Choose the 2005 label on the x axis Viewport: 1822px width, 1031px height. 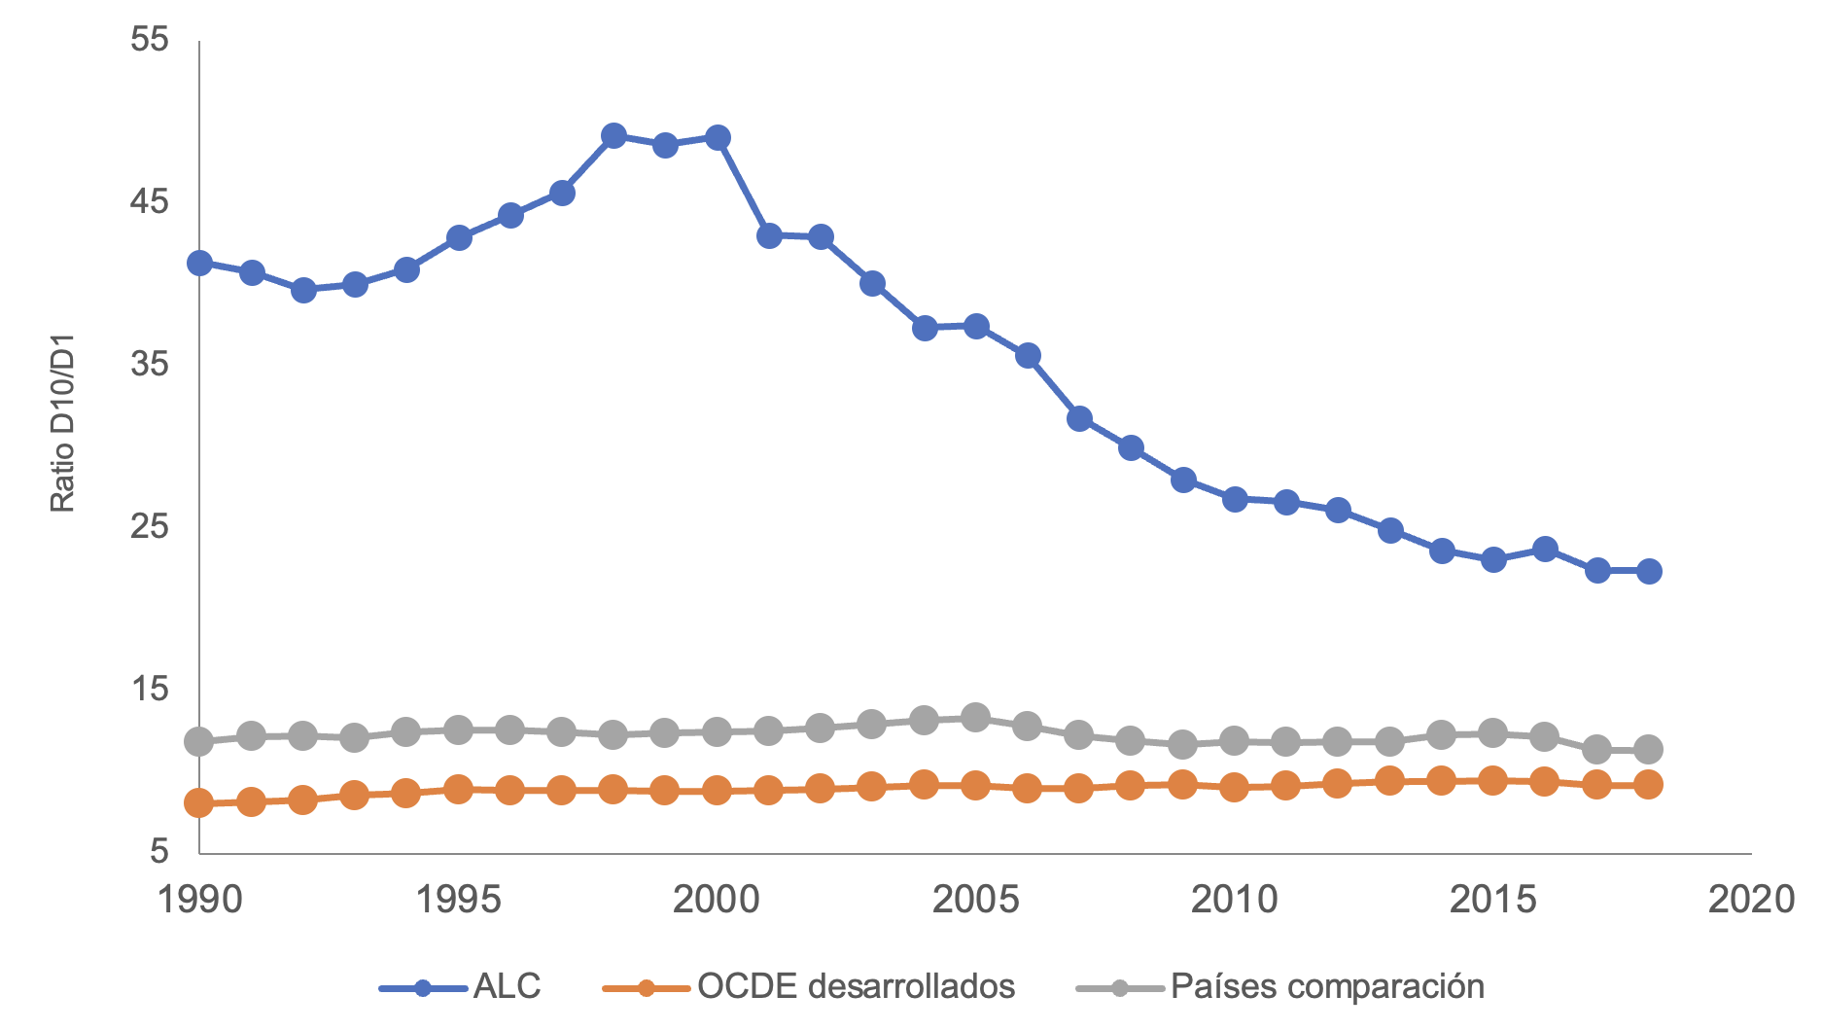[975, 900]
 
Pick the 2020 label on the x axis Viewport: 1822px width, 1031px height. [1751, 900]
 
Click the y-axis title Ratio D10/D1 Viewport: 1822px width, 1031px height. [63, 423]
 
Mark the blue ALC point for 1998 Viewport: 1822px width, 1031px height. [613, 136]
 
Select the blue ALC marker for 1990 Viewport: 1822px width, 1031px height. [199, 263]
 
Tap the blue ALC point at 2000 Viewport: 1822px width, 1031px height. [718, 138]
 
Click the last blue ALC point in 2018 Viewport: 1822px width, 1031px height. [1648, 571]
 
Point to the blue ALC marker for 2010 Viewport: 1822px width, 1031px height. [1235, 499]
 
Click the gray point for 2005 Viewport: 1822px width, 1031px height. [975, 718]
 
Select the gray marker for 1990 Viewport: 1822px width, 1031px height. [199, 742]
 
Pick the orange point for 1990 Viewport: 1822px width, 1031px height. [199, 803]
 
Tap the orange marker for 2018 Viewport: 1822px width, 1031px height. [1648, 784]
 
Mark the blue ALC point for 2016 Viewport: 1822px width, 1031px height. [1544, 550]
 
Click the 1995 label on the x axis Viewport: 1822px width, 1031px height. [458, 900]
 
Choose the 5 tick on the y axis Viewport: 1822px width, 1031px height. [158, 852]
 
